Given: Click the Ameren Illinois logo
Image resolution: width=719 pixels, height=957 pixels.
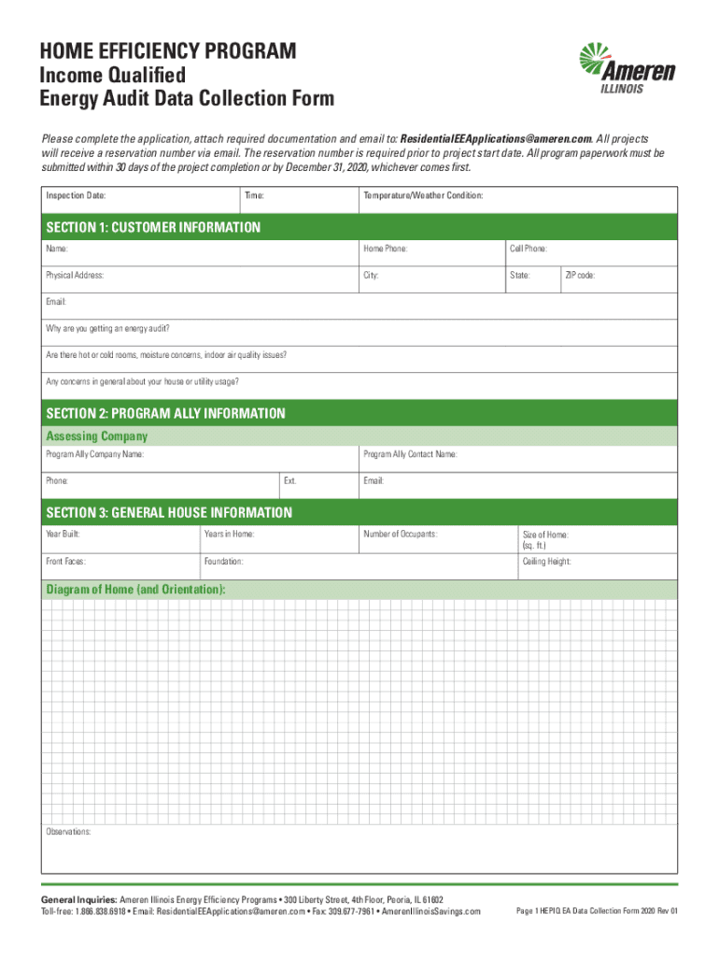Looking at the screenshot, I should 627,69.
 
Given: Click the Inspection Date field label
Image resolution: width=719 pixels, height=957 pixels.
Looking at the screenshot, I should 76,196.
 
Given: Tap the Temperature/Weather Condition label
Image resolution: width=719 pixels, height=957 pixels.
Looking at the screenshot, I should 423,196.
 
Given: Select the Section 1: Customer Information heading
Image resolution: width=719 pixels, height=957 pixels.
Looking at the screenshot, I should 154,227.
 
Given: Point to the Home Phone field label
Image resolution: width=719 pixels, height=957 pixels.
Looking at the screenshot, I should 385,250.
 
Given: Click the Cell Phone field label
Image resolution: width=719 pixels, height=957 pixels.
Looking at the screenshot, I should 529,250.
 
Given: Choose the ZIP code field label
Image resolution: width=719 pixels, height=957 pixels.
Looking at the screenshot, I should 580,277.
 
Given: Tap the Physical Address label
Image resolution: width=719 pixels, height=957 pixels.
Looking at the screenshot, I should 75,277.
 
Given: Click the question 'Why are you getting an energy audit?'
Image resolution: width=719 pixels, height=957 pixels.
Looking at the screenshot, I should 108,329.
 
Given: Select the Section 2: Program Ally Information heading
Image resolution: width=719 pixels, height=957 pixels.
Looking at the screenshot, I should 166,413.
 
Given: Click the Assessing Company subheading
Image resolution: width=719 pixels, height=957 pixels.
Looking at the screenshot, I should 97,436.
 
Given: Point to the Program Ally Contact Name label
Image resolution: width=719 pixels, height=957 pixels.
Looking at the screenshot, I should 410,454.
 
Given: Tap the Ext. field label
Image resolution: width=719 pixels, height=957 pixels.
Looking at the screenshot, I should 290,481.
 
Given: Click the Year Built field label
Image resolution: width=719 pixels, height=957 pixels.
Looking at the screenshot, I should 63,535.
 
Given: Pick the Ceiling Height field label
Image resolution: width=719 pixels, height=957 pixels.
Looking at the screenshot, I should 546,562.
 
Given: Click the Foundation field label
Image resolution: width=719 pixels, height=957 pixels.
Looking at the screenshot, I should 224,562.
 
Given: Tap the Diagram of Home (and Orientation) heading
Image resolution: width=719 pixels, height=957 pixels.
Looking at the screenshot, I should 135,590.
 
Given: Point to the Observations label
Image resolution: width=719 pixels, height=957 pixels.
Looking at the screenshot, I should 69,832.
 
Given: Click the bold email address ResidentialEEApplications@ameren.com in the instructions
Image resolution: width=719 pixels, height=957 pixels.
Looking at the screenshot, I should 496,136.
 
